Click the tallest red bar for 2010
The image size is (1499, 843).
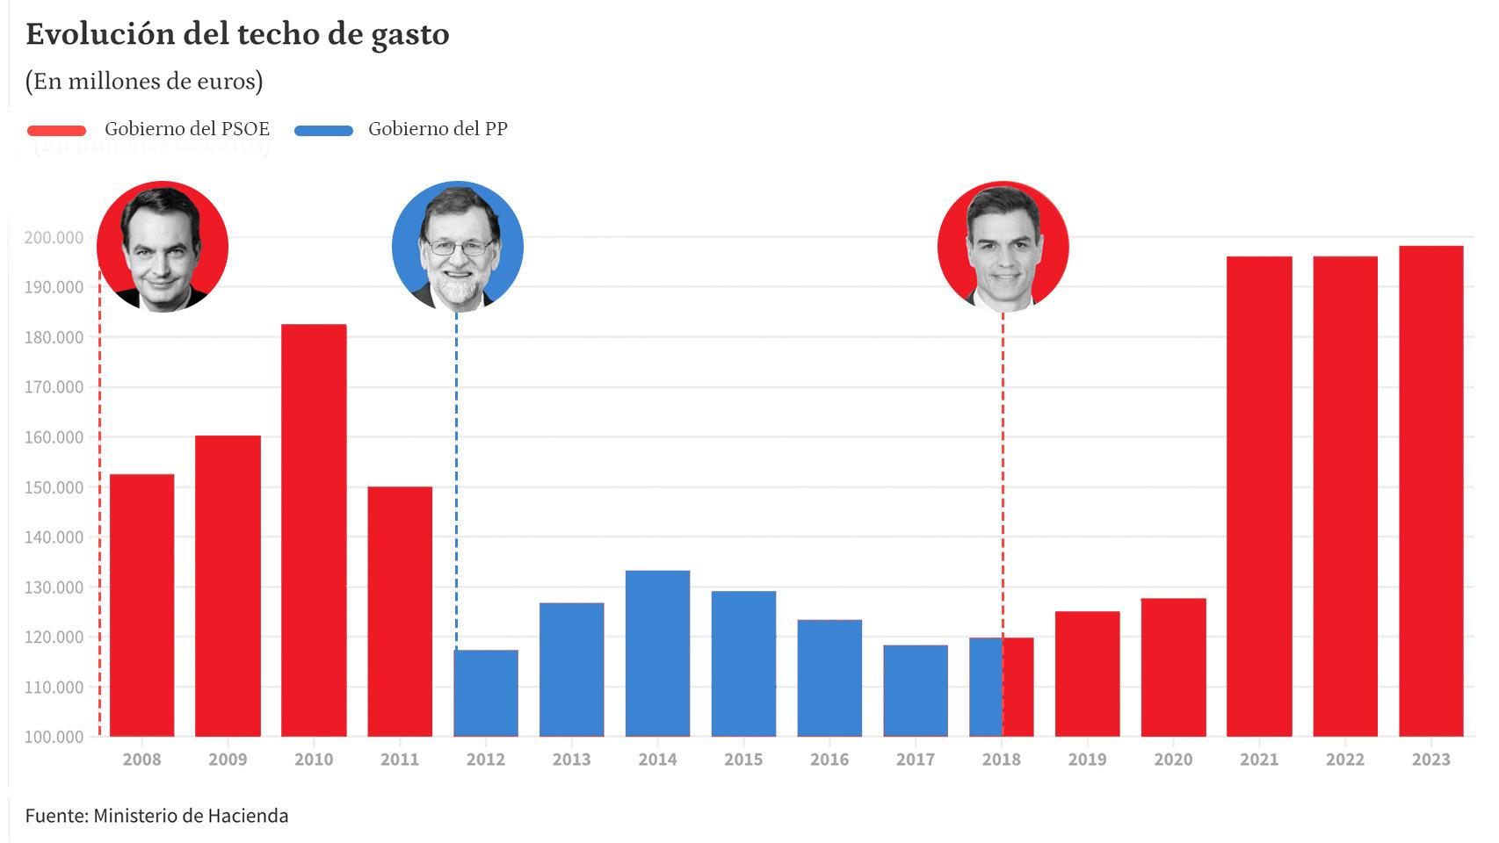314,530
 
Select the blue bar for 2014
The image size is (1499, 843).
658,653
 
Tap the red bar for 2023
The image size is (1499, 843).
1430,491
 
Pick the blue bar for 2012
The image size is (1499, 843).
486,693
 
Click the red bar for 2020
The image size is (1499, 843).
1173,667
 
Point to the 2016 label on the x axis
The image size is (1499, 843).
829,760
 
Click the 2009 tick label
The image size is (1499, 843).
228,760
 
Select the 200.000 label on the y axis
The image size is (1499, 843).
54,237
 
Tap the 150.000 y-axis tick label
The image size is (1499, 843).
54,487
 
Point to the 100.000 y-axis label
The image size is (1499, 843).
54,737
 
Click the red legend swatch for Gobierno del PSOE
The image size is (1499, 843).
57,131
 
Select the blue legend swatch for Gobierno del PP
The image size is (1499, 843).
324,131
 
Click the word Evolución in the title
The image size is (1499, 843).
100,34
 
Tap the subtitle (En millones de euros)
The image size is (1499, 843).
145,81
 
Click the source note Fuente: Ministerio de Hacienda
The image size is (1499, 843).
156,816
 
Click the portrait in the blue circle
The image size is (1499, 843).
458,246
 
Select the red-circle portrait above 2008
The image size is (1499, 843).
163,246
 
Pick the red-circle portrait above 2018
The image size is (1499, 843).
1003,246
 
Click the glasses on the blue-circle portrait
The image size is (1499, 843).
459,247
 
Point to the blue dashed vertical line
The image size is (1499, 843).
456,480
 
